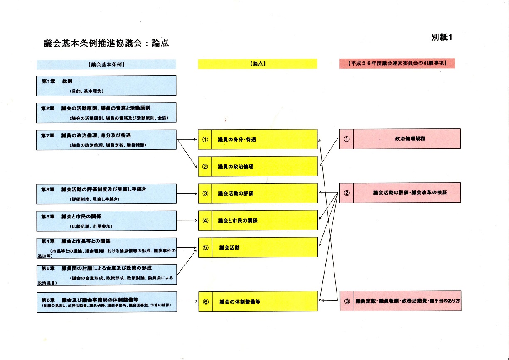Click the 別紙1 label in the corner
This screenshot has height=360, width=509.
point(442,37)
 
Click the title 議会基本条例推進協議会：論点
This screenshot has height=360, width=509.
point(106,43)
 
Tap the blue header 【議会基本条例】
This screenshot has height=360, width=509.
point(106,64)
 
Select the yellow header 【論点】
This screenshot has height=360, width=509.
point(258,64)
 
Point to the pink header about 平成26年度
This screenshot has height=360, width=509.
point(397,63)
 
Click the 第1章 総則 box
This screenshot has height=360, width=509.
point(106,86)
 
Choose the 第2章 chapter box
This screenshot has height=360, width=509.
point(106,113)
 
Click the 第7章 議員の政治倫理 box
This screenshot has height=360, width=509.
point(106,140)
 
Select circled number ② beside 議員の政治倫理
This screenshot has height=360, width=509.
point(205,167)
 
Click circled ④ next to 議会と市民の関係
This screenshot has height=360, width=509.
point(205,220)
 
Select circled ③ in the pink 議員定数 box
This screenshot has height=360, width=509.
point(347,301)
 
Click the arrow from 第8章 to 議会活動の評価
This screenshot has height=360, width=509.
point(187,194)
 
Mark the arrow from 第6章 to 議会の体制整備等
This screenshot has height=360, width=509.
point(188,301)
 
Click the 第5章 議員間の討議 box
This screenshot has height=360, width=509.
point(106,275)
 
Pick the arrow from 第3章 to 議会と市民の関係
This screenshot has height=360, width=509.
point(187,220)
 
